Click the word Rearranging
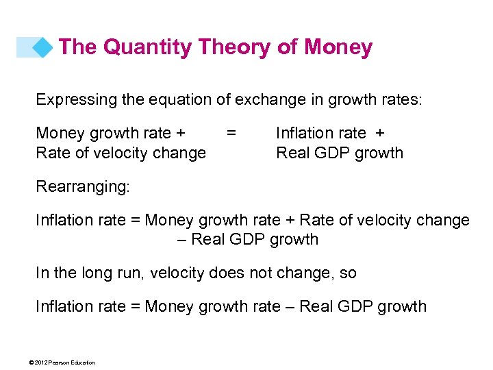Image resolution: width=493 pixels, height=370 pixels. pyautogui.click(x=81, y=187)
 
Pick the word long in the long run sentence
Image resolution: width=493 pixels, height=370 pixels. pyautogui.click(x=105, y=273)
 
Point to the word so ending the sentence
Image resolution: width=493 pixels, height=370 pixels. pyautogui.click(x=348, y=273)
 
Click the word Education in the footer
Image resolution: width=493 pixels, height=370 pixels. pyautogui.click(x=84, y=362)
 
